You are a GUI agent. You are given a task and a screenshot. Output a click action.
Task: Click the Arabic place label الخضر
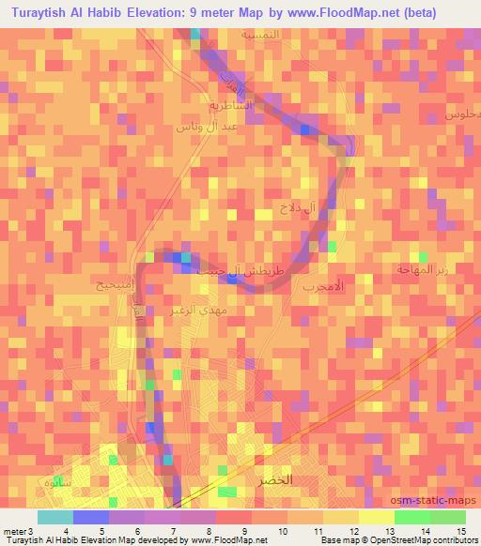(274, 479)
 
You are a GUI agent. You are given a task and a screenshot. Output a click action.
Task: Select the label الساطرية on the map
(231, 106)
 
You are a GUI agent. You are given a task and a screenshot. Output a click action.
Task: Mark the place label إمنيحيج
(114, 284)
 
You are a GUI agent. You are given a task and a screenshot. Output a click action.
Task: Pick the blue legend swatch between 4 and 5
(90, 517)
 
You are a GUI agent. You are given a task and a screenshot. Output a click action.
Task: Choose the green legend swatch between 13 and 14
(411, 517)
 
